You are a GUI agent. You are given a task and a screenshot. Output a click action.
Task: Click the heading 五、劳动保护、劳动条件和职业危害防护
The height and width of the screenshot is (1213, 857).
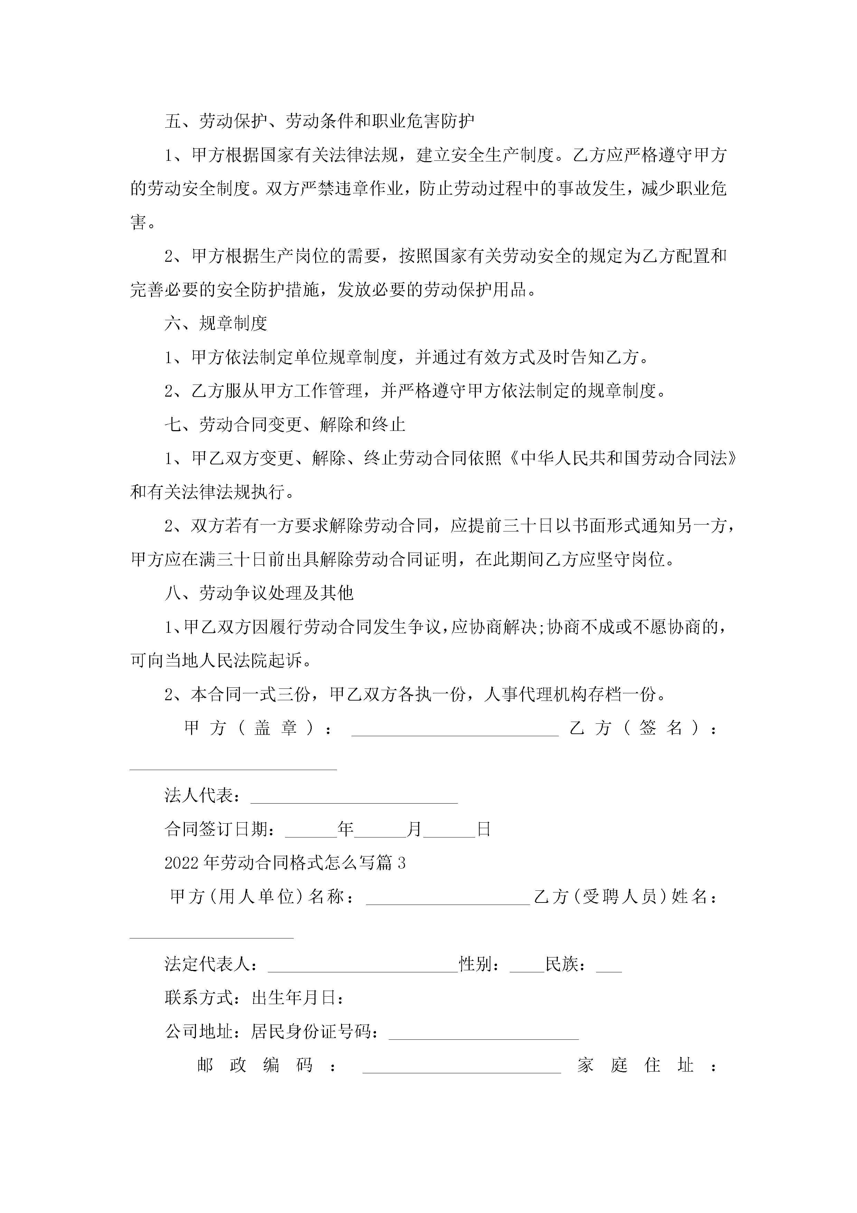tap(319, 121)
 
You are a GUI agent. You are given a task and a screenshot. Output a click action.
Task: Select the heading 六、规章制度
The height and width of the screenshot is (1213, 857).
tap(216, 323)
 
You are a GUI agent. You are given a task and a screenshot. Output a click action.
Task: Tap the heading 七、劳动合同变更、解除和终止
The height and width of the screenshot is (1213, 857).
tap(285, 425)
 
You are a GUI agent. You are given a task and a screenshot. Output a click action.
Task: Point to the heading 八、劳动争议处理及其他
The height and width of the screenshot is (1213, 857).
tap(259, 593)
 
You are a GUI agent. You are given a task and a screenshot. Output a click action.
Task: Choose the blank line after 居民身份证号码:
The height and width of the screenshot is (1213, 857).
tap(484, 1034)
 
